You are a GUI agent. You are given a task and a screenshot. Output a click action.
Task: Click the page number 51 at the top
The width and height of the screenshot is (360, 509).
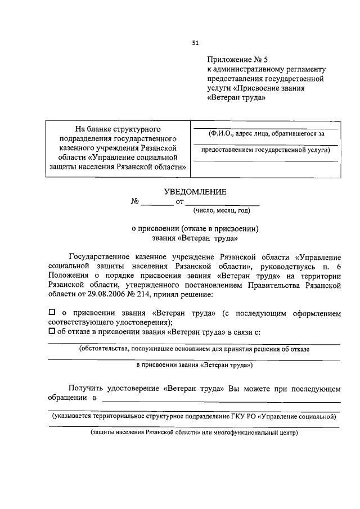click(195, 42)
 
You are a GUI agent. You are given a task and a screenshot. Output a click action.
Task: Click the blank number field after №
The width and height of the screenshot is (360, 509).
click(157, 202)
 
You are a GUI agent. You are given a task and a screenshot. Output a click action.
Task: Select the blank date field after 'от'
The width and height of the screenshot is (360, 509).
click(222, 202)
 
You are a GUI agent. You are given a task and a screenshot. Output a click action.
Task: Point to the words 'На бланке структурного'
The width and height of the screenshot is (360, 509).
click(119, 129)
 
